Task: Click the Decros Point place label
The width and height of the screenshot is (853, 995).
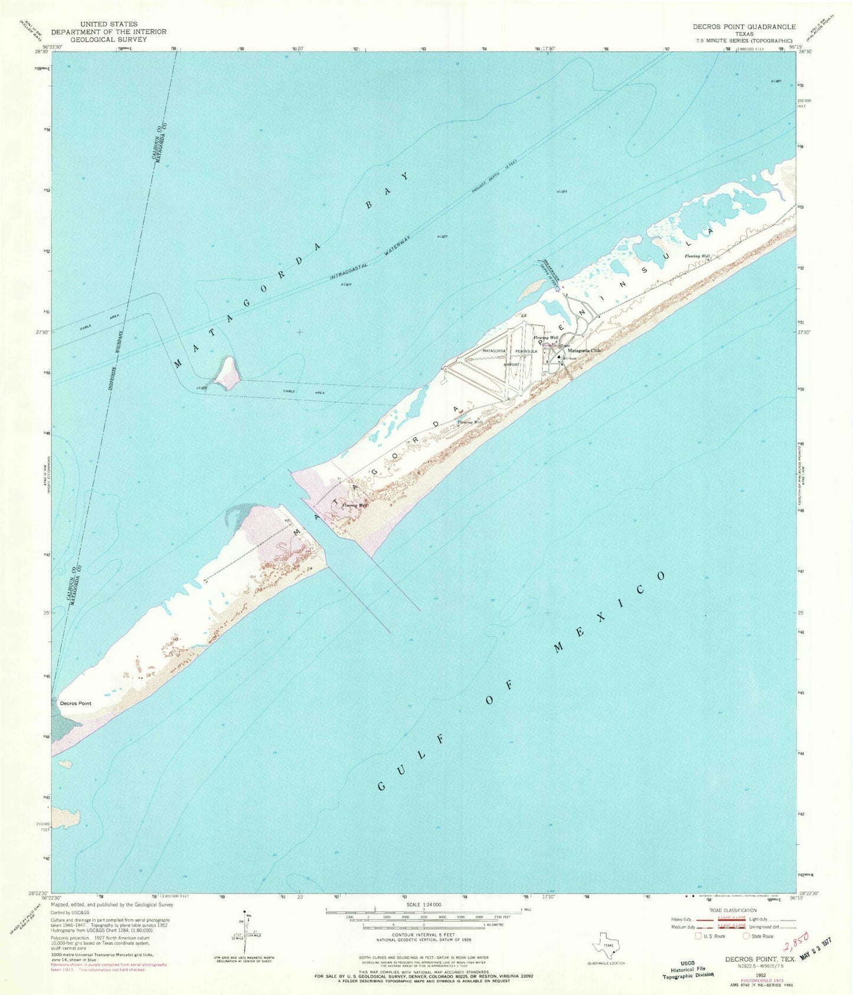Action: (x=76, y=703)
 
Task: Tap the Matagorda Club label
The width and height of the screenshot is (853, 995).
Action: (x=584, y=350)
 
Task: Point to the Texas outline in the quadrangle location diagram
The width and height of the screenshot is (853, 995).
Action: (x=607, y=945)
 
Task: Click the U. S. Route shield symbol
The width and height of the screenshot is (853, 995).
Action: (x=700, y=936)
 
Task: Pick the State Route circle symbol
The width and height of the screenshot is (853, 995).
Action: (x=747, y=936)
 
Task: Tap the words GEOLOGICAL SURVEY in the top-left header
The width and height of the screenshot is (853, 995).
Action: (x=109, y=40)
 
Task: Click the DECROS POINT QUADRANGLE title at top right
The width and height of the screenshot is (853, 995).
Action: (x=746, y=27)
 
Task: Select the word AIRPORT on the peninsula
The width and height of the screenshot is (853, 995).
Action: (x=511, y=364)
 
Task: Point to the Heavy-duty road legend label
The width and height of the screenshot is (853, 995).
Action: (x=681, y=919)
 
